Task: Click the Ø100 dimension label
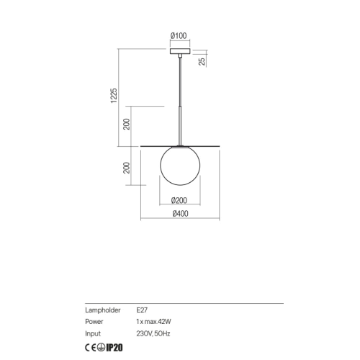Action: [x=179, y=36]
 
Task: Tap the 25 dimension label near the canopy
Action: [x=202, y=61]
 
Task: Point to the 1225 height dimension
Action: [x=114, y=96]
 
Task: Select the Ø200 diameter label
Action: [x=179, y=200]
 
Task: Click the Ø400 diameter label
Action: [x=180, y=214]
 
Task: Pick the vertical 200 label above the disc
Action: [x=127, y=124]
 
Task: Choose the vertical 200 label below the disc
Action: [x=127, y=168]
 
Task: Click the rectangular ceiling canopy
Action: [x=180, y=51]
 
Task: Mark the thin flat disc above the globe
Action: [x=180, y=145]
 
